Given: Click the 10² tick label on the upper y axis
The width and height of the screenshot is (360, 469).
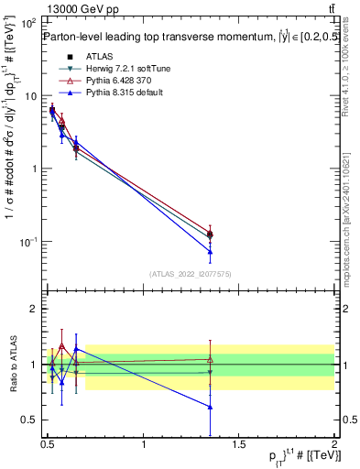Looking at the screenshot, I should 29,22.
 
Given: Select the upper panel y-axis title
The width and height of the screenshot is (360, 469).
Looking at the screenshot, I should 10,156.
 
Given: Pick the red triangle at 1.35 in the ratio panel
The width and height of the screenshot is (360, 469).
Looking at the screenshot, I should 211,359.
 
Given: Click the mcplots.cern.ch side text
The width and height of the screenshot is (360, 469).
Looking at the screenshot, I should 349,211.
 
